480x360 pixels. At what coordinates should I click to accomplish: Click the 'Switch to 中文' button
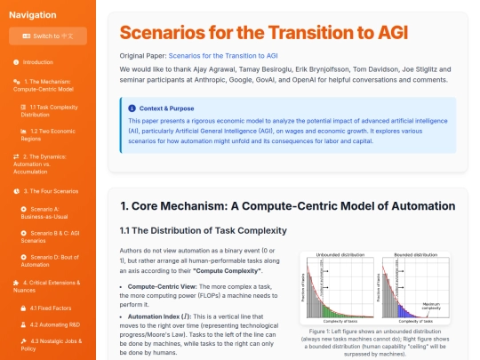48,36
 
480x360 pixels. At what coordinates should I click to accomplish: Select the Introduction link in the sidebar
37,62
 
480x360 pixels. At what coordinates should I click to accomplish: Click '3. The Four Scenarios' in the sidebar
52,190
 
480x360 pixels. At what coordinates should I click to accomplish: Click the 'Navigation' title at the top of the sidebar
33,14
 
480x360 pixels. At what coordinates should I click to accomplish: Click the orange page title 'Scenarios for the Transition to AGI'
264,34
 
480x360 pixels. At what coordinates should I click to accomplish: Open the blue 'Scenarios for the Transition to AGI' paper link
232,56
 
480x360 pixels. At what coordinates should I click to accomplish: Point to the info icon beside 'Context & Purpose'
132,108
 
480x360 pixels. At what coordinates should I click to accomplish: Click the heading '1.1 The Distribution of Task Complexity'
204,231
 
